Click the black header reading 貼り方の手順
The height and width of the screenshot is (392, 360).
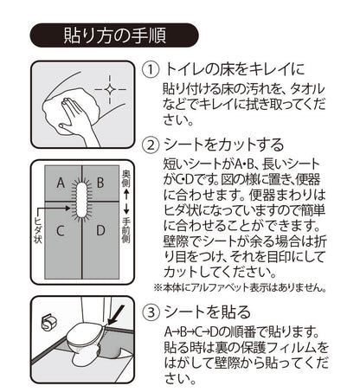click(x=112, y=36)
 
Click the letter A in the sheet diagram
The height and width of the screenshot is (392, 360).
click(x=61, y=183)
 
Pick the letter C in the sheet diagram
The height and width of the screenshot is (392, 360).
click(x=61, y=231)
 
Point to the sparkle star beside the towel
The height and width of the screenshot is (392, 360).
click(x=110, y=89)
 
